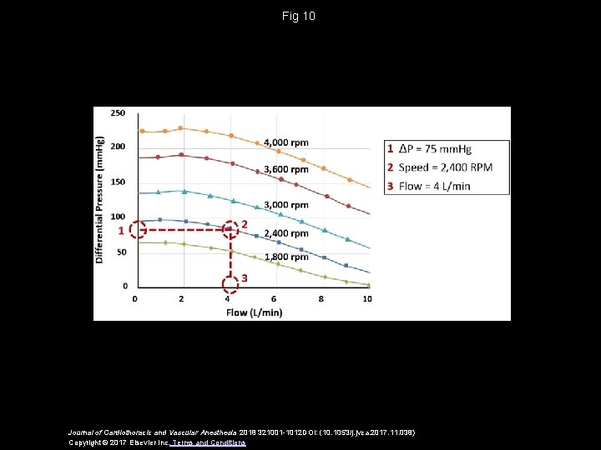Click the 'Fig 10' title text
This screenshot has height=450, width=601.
point(300,16)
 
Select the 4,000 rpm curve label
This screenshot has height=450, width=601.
point(285,142)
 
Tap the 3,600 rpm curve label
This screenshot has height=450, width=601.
point(285,169)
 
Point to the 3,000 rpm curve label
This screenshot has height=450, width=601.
point(285,205)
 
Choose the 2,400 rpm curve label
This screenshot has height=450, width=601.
point(285,233)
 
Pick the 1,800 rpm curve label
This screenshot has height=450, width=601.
point(285,257)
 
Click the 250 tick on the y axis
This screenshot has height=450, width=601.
point(118,112)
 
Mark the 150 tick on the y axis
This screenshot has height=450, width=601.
point(118,182)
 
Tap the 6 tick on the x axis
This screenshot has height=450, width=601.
point(274,299)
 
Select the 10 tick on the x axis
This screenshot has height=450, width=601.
point(367,299)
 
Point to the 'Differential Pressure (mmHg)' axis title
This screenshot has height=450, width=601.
point(100,199)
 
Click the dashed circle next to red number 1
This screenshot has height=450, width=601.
point(139,229)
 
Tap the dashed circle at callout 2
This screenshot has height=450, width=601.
point(230,226)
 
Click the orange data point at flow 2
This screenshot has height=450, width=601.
point(181,128)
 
